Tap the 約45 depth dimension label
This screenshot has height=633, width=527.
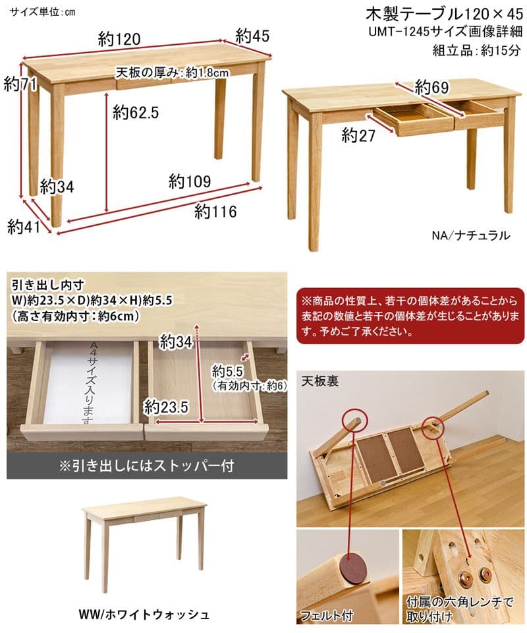(x=252, y=34)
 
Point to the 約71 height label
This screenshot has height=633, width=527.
(x=19, y=84)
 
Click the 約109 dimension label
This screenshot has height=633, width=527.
(x=189, y=181)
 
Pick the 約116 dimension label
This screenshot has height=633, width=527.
(x=215, y=211)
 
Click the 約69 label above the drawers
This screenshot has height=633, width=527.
(x=431, y=86)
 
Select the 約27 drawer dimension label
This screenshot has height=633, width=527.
(x=358, y=135)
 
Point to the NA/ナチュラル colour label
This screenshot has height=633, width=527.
(x=470, y=235)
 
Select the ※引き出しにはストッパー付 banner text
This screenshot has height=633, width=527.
(x=146, y=465)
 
